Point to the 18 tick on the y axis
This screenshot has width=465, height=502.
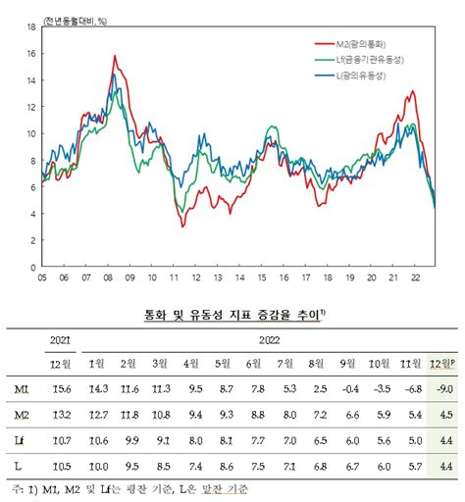(31, 27)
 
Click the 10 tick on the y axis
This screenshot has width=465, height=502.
(31, 133)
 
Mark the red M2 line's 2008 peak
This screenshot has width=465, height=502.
(115, 57)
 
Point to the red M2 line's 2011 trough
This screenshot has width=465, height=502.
(182, 226)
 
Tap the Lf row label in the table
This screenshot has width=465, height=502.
(21, 440)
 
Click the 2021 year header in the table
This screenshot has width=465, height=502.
(61, 339)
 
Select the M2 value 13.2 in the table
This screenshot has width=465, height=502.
(61, 415)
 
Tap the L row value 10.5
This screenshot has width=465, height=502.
(61, 467)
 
